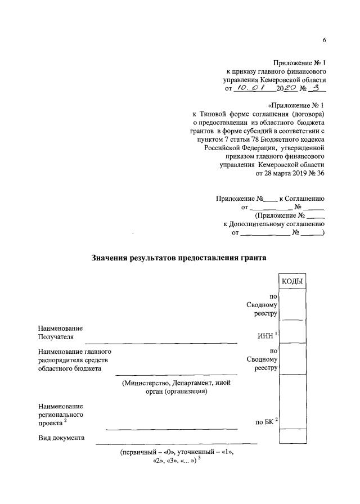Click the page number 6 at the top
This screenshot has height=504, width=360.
pyautogui.click(x=325, y=40)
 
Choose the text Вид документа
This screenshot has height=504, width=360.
pyautogui.click(x=61, y=438)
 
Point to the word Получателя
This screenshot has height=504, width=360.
pyautogui.click(x=56, y=337)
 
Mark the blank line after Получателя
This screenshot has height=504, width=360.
pyautogui.click(x=161, y=341)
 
